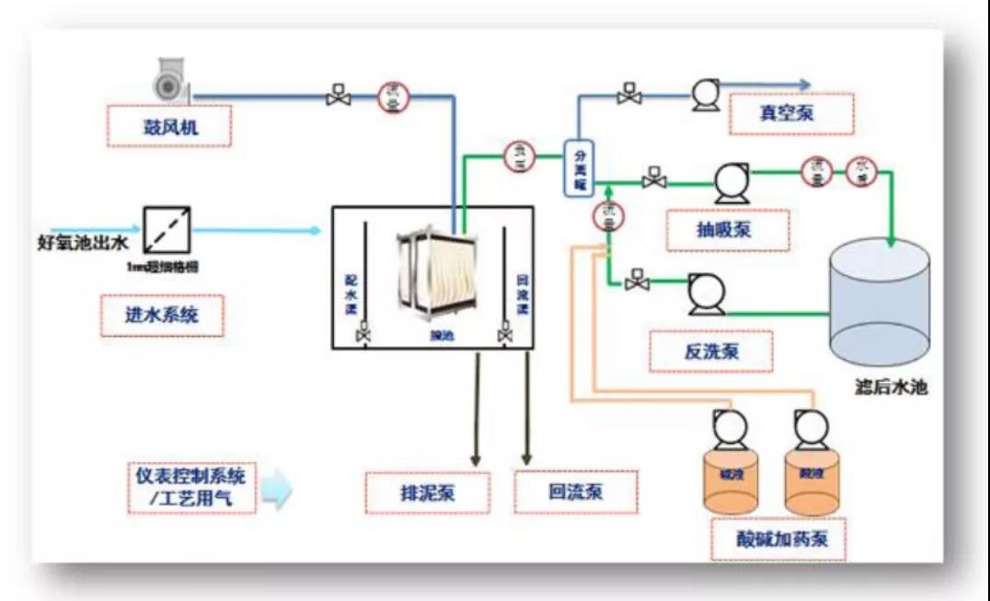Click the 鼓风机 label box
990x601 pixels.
168,127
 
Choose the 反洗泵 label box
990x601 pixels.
710,351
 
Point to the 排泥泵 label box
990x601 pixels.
426,492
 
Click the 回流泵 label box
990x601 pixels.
575,492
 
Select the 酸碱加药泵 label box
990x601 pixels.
778,537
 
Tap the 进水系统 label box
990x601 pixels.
162,316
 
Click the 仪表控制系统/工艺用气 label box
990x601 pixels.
191,488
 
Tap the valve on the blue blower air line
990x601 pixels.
338,95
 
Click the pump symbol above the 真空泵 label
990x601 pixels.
706,94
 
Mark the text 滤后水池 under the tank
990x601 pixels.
889,387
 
